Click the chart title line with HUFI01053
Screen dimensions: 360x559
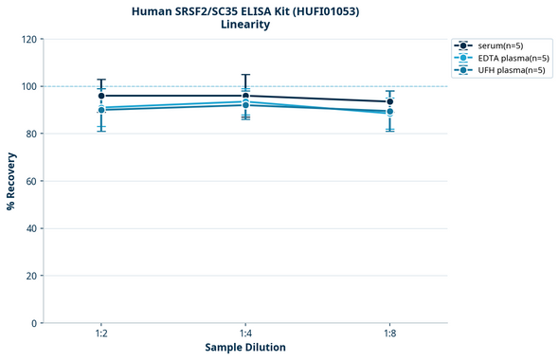(x=244, y=10)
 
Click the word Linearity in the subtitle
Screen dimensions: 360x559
(x=244, y=25)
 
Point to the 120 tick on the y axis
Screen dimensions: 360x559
(x=28, y=39)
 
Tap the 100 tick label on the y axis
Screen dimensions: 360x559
(x=28, y=86)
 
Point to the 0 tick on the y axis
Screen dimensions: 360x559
(x=34, y=323)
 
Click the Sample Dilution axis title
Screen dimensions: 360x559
(x=245, y=348)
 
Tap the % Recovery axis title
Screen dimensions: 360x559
(x=11, y=181)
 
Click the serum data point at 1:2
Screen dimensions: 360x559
(x=101, y=96)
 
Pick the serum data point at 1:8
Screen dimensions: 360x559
(x=389, y=101)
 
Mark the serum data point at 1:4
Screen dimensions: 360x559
(x=245, y=96)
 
